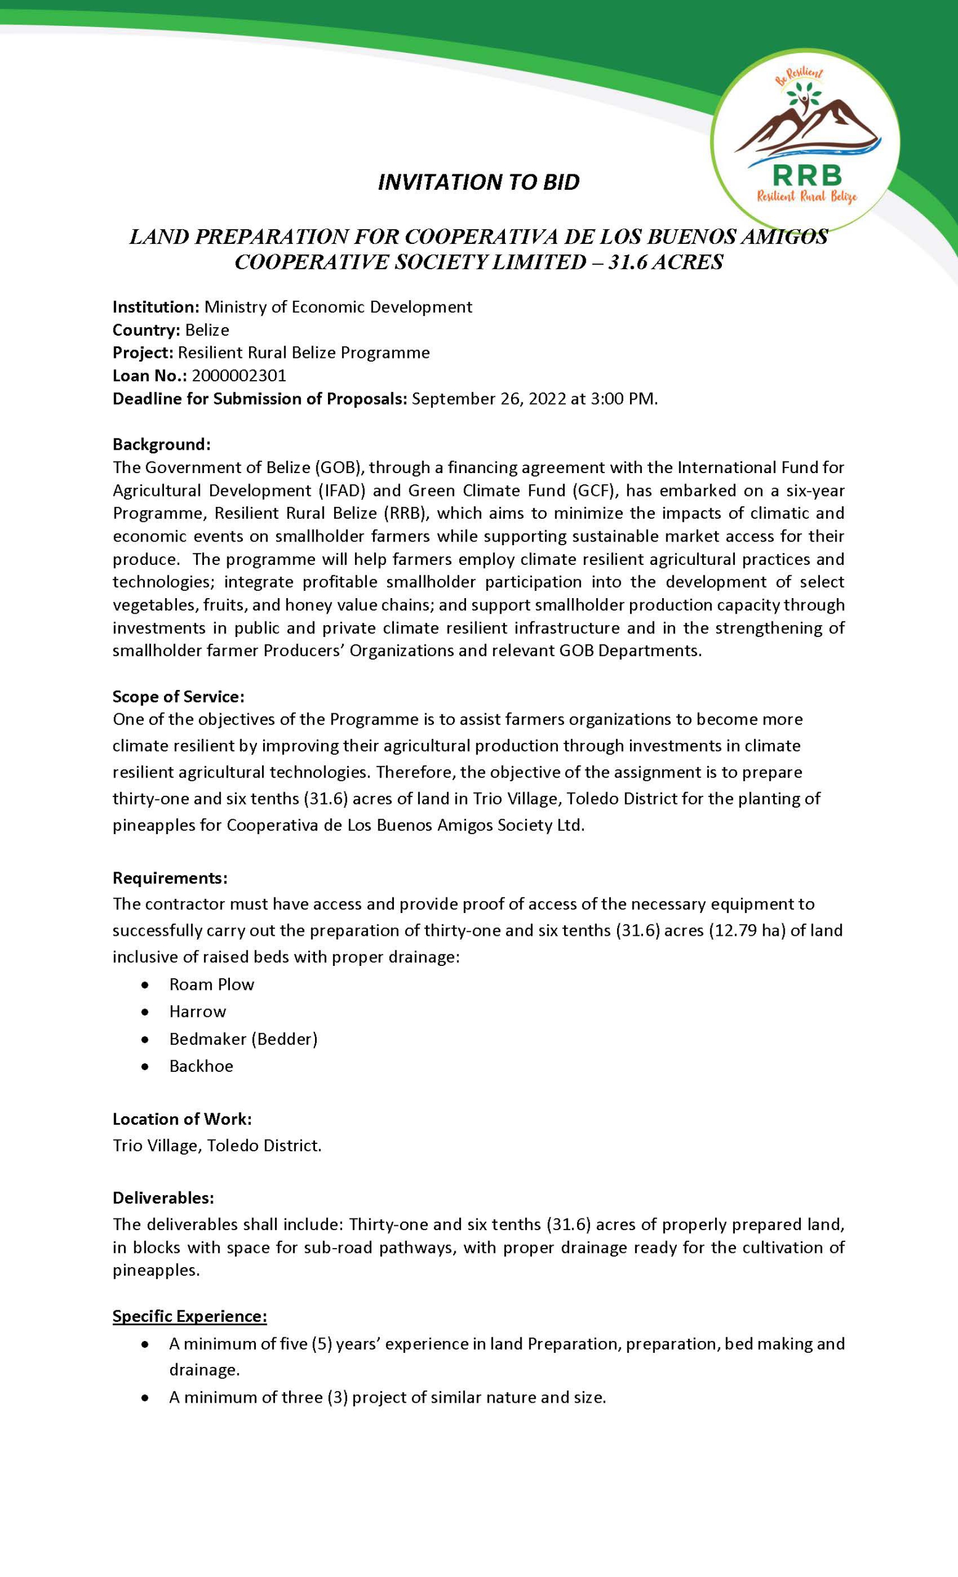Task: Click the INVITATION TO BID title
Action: pos(478,182)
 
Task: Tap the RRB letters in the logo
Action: pos(807,174)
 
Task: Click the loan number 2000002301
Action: pos(239,376)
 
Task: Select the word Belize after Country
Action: pos(207,330)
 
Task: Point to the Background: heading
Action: pos(162,444)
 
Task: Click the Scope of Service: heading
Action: pos(179,696)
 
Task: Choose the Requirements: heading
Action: pos(170,878)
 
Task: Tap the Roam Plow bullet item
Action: pos(211,984)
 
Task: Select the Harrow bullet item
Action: pos(197,1012)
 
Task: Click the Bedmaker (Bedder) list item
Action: pos(244,1039)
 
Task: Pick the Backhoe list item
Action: pos(201,1066)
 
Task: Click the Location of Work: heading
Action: pos(182,1119)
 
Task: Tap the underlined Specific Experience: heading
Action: pos(189,1316)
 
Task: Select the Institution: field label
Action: pos(157,307)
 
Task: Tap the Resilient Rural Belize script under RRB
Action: pos(807,197)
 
